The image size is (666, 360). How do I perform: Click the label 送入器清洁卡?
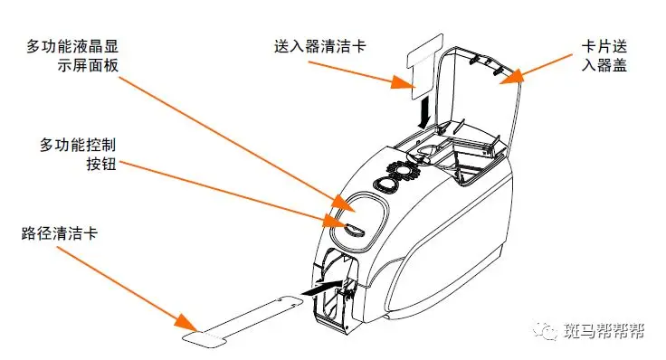[x=319, y=46]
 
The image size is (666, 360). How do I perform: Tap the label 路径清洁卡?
[x=60, y=233]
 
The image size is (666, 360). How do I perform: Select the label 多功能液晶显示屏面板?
[x=72, y=55]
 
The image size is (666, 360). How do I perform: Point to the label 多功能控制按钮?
[x=78, y=154]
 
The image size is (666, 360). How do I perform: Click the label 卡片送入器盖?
[x=604, y=55]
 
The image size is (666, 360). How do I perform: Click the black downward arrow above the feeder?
[x=423, y=112]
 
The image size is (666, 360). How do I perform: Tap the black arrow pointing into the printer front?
[x=321, y=288]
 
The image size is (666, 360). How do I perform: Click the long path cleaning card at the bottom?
[x=243, y=321]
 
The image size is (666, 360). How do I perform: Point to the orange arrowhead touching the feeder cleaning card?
[x=403, y=82]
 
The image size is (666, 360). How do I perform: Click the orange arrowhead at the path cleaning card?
[x=186, y=324]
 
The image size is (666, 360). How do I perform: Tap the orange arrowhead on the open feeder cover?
[x=512, y=76]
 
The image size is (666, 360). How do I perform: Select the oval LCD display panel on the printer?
[x=359, y=222]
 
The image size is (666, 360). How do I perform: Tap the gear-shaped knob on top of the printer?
[x=405, y=170]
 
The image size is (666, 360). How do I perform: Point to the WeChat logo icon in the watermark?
[x=546, y=330]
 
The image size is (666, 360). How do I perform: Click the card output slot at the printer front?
[x=335, y=293]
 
